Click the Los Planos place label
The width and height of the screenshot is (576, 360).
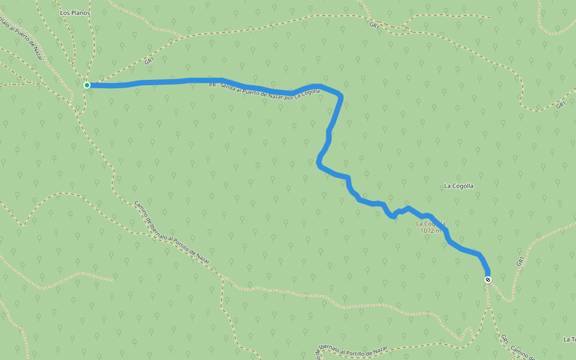point(74,12)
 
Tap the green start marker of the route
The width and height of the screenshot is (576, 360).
point(87,85)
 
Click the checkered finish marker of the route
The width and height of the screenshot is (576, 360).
point(487,280)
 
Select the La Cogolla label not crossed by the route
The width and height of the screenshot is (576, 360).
point(458,186)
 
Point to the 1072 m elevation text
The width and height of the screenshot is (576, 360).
point(431,230)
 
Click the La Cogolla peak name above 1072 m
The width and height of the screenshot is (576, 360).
point(430,223)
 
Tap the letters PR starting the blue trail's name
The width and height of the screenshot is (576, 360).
point(212,85)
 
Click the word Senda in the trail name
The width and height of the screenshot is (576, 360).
point(227,88)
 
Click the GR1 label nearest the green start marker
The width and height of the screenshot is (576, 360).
point(149,61)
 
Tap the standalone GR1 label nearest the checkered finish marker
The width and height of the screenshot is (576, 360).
point(520,262)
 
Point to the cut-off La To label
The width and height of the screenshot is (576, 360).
point(569,340)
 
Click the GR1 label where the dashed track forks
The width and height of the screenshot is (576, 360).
point(374,26)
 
